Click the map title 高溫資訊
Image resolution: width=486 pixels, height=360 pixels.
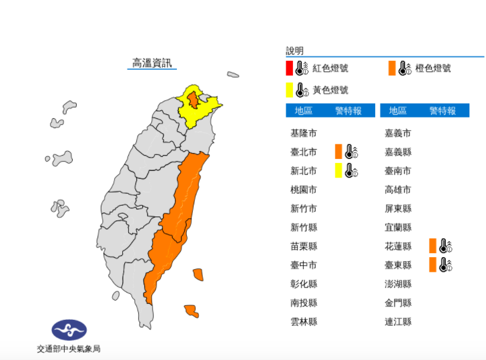tap(152, 63)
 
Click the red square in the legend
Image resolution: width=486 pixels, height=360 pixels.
tap(289, 68)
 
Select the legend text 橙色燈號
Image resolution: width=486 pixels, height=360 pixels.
tap(433, 68)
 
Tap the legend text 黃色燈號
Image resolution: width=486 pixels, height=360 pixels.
tap(330, 89)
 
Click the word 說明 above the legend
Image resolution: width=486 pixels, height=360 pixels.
tap(294, 51)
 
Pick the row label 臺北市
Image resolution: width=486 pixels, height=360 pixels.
tap(304, 152)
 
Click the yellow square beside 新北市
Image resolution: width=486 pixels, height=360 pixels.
tap(339, 170)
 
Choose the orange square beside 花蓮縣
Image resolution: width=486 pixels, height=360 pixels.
tap(433, 246)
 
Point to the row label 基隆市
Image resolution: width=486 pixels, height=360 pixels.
tap(304, 133)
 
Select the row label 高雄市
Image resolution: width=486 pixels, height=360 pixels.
tap(398, 190)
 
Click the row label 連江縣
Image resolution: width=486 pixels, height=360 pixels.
tap(398, 321)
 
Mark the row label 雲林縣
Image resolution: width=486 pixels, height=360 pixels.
tap(304, 321)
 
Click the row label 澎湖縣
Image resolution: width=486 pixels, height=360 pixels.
tap(398, 284)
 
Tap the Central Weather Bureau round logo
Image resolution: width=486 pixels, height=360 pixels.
tap(69, 329)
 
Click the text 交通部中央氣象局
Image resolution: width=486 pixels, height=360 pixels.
tap(69, 349)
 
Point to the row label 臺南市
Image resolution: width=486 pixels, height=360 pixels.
tap(398, 171)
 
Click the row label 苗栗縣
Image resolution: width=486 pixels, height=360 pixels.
tap(304, 246)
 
